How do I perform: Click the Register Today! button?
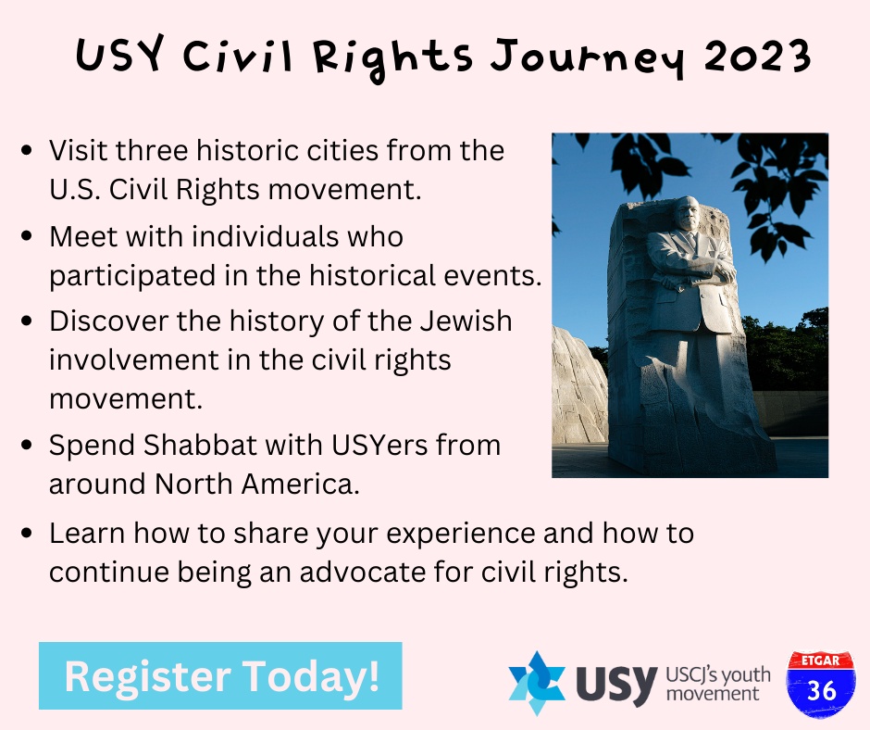220,675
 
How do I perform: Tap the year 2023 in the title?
757,57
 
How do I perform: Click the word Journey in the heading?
588,59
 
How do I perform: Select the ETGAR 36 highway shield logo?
821,685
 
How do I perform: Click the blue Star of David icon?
537,683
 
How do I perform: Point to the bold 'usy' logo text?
616,684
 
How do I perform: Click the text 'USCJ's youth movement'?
718,684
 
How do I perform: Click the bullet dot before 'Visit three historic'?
26,151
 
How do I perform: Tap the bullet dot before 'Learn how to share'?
26,534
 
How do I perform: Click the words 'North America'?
257,484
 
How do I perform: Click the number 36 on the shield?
821,691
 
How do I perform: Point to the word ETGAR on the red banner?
821,661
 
